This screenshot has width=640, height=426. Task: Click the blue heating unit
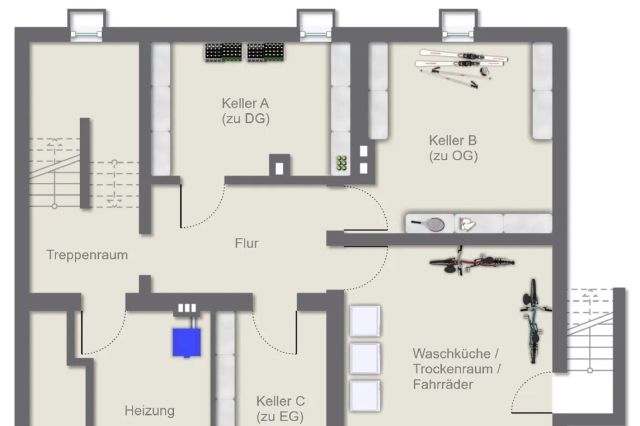[187, 342]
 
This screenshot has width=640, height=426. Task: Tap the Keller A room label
[245, 111]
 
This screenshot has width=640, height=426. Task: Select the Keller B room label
[453, 148]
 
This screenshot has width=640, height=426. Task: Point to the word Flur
[247, 243]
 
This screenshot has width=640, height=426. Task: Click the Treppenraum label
[87, 255]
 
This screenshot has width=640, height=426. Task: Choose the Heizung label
[150, 410]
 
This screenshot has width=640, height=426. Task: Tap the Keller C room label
[280, 408]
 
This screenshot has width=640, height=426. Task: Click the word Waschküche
[451, 353]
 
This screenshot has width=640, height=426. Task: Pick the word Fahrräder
[443, 384]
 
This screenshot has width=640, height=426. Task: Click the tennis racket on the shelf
[429, 224]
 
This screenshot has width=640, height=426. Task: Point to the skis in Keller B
[462, 67]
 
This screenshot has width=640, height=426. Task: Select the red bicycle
[471, 262]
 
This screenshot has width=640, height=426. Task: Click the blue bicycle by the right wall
[533, 321]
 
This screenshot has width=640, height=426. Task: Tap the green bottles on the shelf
[342, 163]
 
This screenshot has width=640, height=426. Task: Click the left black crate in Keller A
[223, 52]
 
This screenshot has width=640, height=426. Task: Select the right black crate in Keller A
[266, 52]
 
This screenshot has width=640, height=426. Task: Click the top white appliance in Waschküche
[365, 321]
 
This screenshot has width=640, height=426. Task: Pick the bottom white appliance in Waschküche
[365, 396]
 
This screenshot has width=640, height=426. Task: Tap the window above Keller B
[458, 26]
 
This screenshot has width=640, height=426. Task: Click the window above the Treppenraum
[87, 26]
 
